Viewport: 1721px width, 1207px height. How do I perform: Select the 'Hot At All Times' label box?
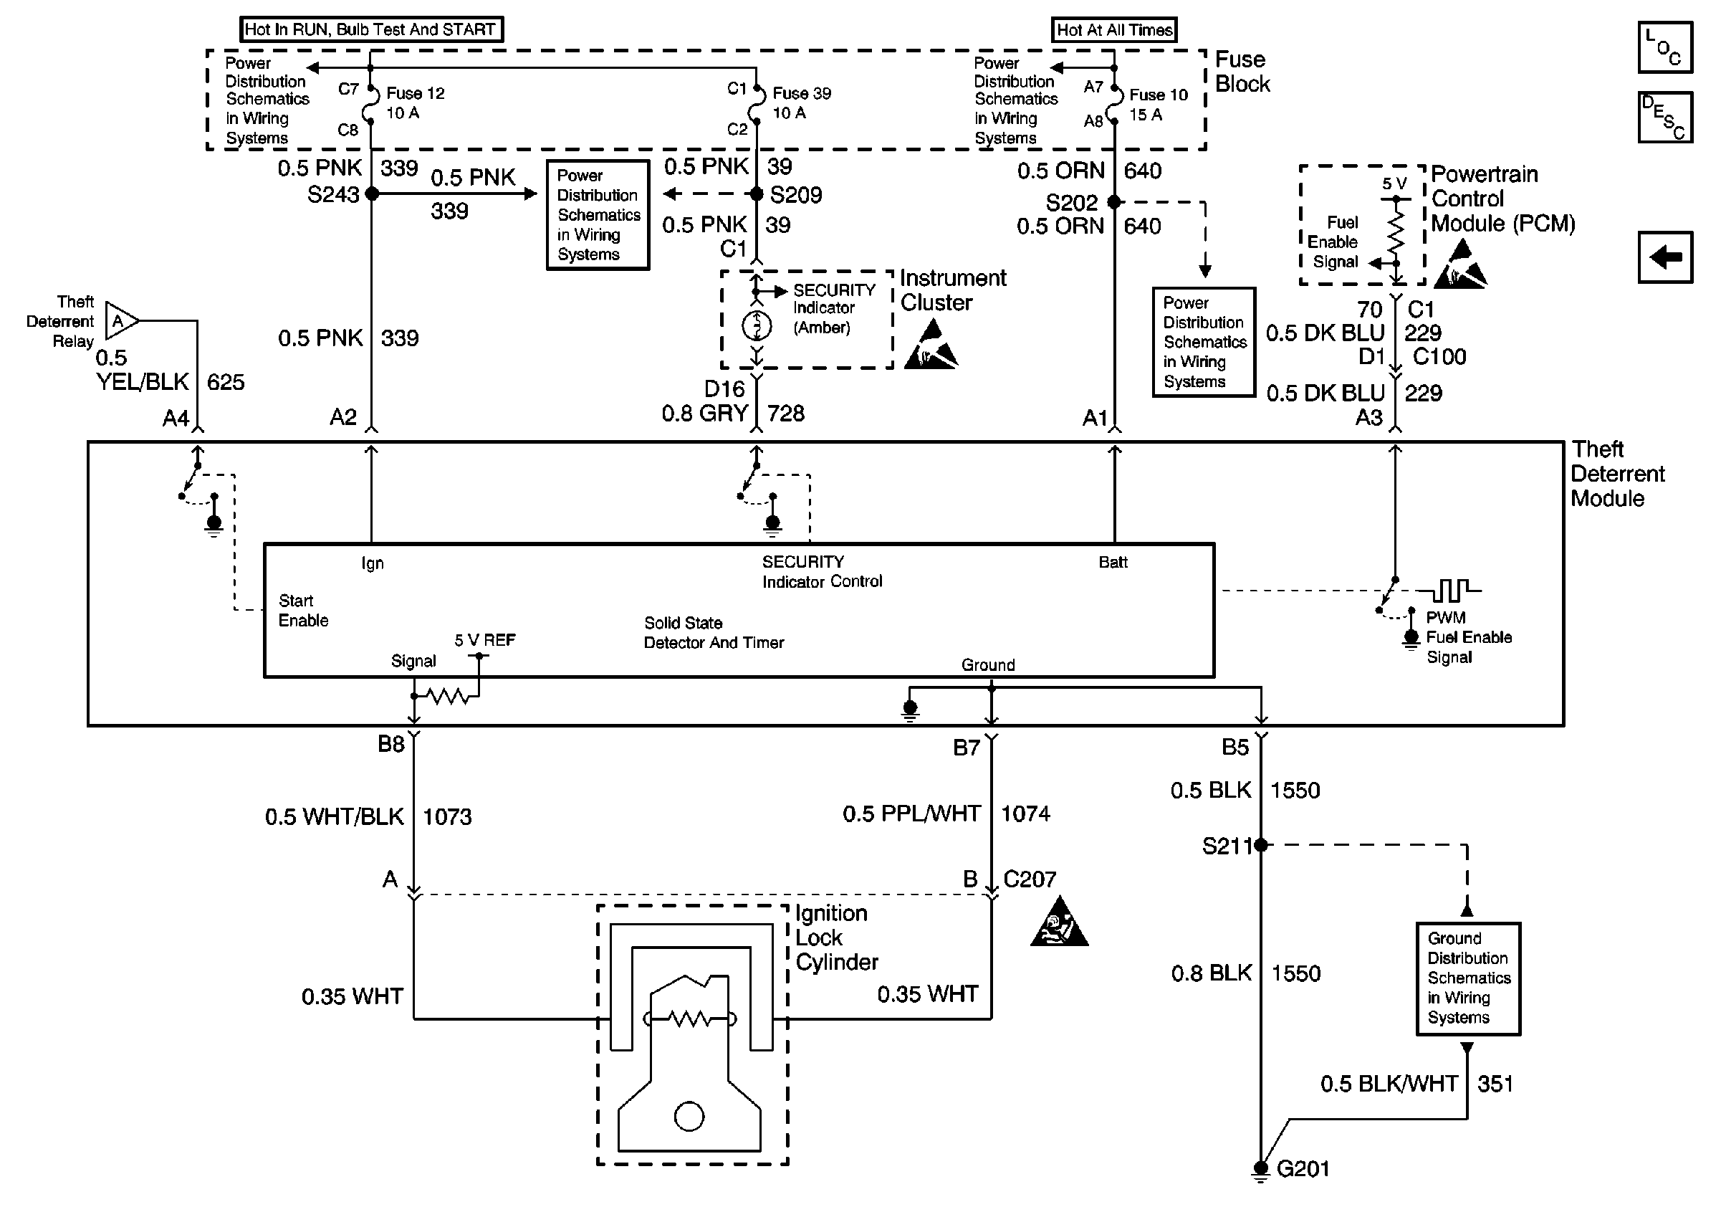1114,30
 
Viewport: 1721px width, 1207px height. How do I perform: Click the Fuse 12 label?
416,94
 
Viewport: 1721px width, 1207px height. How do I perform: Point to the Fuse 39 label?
801,94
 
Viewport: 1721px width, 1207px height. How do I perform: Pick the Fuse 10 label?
1158,95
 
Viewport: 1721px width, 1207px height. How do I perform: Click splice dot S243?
372,194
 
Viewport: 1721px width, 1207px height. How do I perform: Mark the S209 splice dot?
757,194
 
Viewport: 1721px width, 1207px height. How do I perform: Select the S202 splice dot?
1114,201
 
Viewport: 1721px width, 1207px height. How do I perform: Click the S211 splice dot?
1261,845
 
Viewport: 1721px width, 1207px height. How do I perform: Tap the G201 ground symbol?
1261,1169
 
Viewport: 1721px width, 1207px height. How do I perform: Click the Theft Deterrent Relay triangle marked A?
120,321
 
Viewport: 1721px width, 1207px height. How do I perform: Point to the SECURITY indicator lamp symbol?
757,325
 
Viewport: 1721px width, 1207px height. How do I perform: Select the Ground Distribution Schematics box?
1467,978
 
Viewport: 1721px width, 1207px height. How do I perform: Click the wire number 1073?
448,816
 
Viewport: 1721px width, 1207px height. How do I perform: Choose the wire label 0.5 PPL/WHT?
911,814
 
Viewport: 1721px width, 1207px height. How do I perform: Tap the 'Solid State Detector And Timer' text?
714,633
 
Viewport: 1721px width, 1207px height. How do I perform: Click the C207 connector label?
1029,879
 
